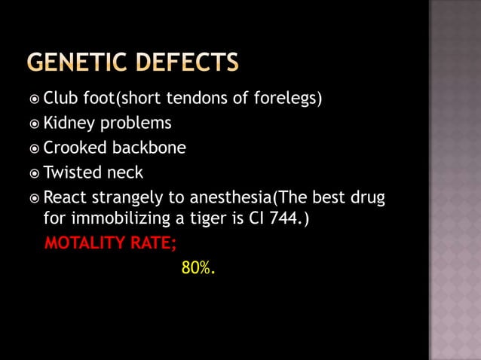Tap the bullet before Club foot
pos(35,99)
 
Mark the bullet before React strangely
pos(35,199)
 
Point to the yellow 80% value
pos(198,267)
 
